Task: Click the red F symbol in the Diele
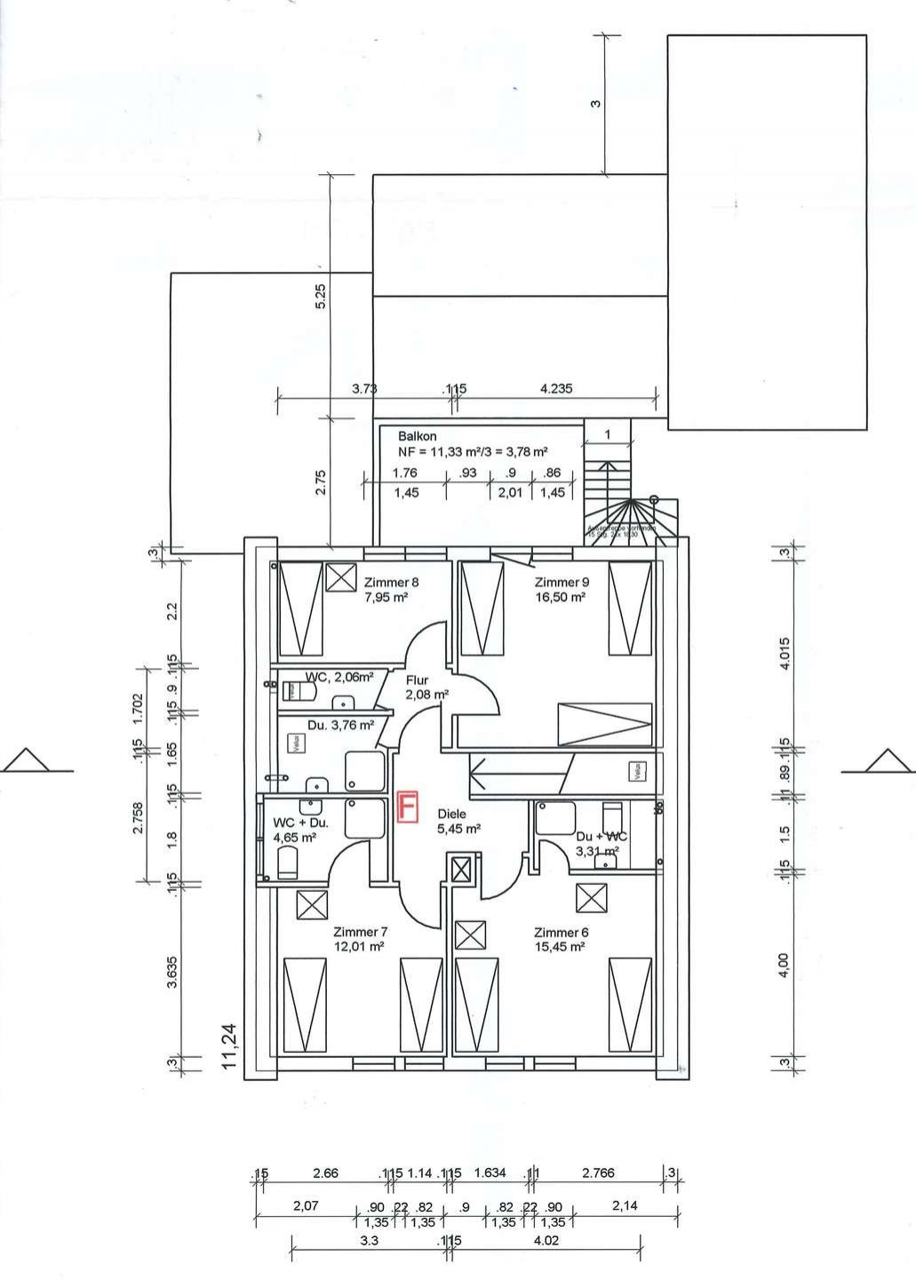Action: [408, 807]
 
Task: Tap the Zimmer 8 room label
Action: [391, 583]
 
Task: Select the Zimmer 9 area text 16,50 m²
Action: [560, 598]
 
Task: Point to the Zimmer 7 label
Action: [360, 932]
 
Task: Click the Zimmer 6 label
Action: [561, 932]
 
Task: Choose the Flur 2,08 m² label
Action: [426, 688]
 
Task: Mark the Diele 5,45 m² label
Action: [458, 821]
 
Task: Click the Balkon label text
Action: [417, 436]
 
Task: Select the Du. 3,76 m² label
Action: [340, 725]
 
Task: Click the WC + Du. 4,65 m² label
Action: [300, 830]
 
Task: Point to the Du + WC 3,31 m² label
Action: [601, 844]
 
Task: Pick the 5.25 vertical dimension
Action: [322, 296]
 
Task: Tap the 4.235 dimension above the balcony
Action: [555, 388]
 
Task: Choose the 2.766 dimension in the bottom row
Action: [598, 1173]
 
